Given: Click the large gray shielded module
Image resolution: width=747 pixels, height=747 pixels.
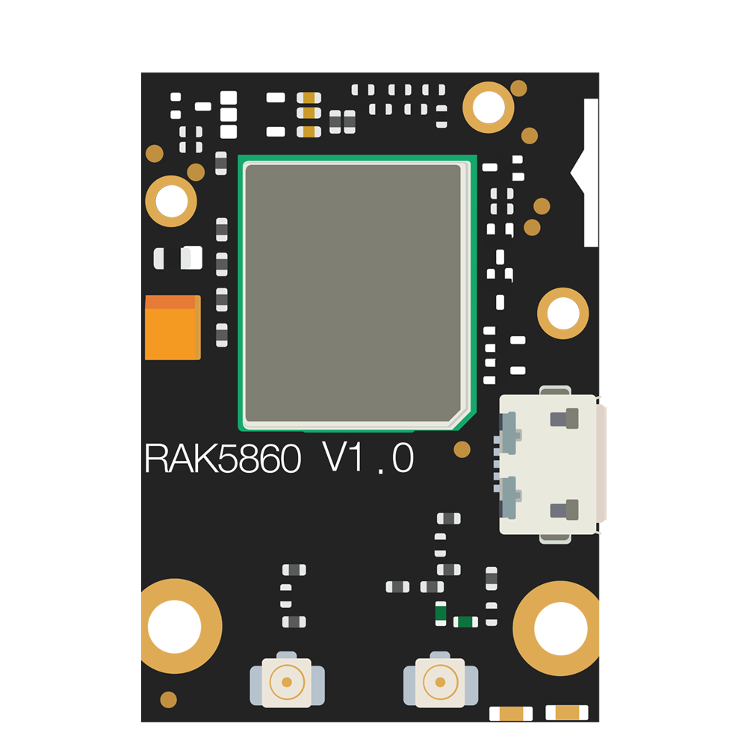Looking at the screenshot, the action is (357, 293).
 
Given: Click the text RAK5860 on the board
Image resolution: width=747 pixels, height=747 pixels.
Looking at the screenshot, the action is (223, 459).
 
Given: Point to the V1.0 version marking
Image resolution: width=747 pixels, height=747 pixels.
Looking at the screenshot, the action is (368, 457).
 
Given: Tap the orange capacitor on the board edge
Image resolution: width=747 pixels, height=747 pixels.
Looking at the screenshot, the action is (173, 327).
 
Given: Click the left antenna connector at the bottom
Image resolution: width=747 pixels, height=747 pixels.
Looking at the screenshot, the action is (288, 680).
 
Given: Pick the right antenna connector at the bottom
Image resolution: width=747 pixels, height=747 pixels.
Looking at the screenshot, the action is (441, 680).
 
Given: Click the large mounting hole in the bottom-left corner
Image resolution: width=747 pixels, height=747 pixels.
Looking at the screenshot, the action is (177, 626).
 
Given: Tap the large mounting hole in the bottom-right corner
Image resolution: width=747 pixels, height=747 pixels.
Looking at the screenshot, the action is (557, 628).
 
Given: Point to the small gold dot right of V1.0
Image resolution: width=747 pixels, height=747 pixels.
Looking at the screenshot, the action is (462, 449).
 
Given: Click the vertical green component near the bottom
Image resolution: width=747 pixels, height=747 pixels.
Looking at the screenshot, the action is (441, 613).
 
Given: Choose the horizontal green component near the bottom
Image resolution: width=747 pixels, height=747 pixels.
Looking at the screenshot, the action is (465, 622).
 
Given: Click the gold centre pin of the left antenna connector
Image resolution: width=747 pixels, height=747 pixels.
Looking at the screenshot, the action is (287, 682).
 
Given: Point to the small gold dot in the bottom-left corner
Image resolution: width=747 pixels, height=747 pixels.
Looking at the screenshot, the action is (169, 700).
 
